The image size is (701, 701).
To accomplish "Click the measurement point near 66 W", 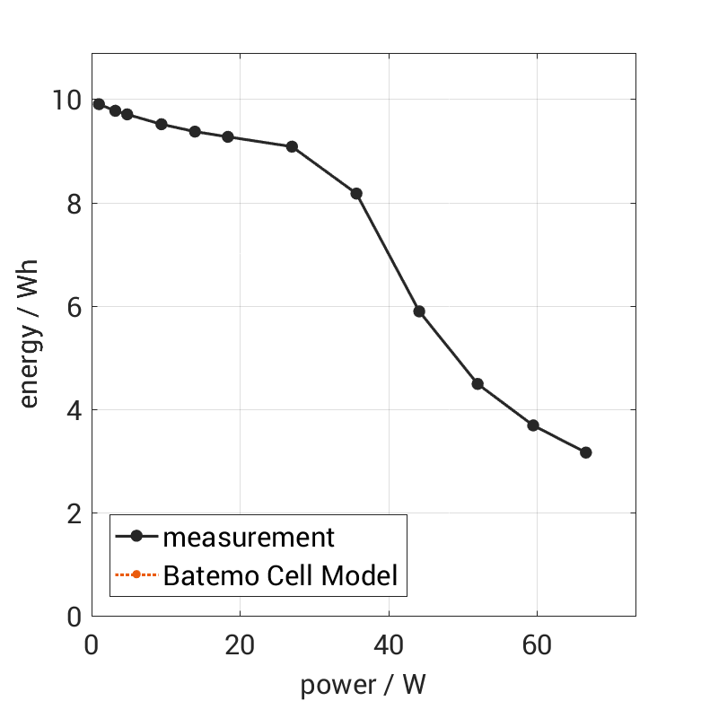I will click(x=586, y=452).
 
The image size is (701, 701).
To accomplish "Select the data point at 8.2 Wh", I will click(x=356, y=194).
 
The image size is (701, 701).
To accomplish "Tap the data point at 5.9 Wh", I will click(x=419, y=311).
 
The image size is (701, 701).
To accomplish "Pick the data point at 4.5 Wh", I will click(x=478, y=384).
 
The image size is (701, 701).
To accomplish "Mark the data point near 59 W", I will click(x=533, y=425).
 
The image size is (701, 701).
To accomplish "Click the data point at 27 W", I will click(x=292, y=146).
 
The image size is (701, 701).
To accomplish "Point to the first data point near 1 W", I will click(x=99, y=104).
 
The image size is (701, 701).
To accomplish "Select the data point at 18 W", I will click(x=228, y=137).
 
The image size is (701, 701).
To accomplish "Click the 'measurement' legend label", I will click(x=249, y=538).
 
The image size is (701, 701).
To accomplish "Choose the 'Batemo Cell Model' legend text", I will click(x=280, y=575).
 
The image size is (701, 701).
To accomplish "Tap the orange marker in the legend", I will click(x=136, y=575).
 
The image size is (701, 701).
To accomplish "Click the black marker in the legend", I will click(x=136, y=537).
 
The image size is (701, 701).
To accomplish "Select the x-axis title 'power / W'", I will click(x=363, y=686).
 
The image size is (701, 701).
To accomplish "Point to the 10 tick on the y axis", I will click(x=67, y=100).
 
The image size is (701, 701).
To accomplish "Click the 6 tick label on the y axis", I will click(x=74, y=307).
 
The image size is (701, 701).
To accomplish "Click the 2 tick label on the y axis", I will click(x=74, y=513).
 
